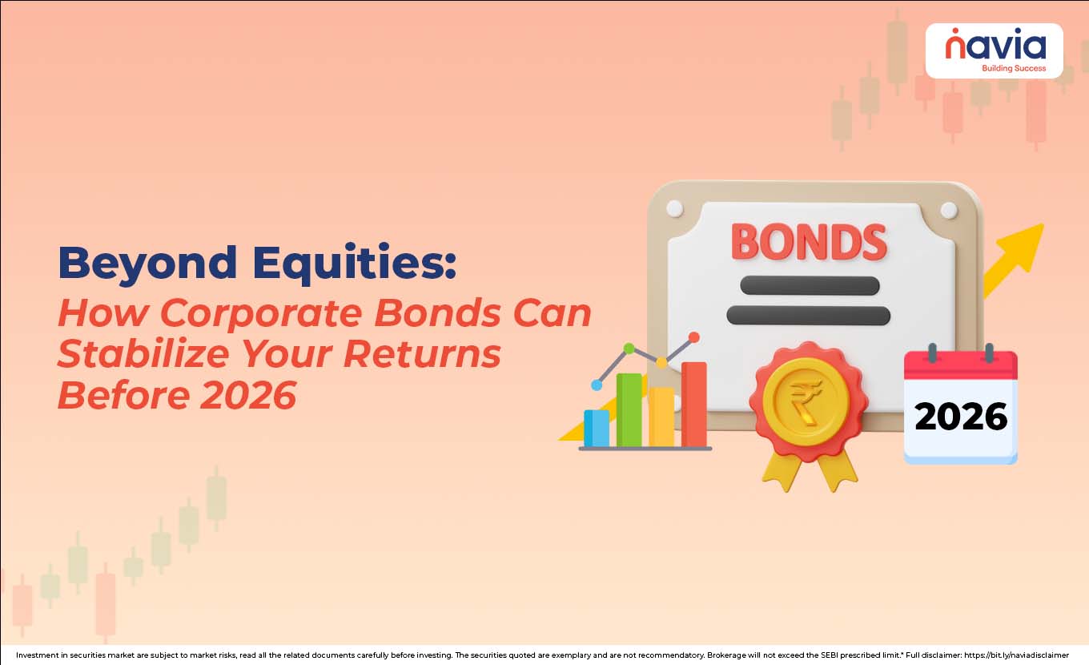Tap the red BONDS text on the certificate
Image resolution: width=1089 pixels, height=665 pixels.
(x=809, y=241)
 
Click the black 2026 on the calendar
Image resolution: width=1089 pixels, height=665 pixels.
(x=960, y=417)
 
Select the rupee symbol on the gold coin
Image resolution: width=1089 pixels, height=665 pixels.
(x=806, y=401)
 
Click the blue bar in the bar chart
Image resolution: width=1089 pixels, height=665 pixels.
(x=596, y=428)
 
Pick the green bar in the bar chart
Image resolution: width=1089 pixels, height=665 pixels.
(x=629, y=409)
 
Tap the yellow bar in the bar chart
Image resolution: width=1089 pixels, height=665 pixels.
(x=661, y=417)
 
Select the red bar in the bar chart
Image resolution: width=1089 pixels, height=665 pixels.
(x=694, y=404)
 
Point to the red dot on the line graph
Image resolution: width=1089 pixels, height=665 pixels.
(x=694, y=337)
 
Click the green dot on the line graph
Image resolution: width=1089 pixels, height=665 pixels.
(x=629, y=348)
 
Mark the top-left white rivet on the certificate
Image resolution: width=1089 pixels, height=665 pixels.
(x=674, y=208)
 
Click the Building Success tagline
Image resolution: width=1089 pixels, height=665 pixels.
(x=1013, y=68)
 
